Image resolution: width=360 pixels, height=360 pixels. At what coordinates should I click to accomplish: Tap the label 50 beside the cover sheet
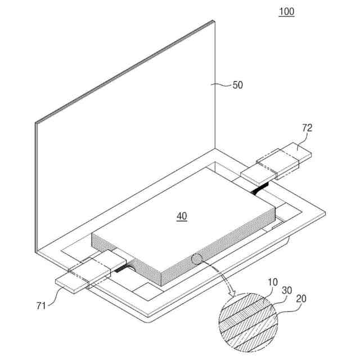pos(238,85)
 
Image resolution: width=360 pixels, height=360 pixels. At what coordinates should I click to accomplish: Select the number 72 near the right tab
pos(307,128)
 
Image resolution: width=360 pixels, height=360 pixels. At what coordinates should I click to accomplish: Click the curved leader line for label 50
pos(223,85)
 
